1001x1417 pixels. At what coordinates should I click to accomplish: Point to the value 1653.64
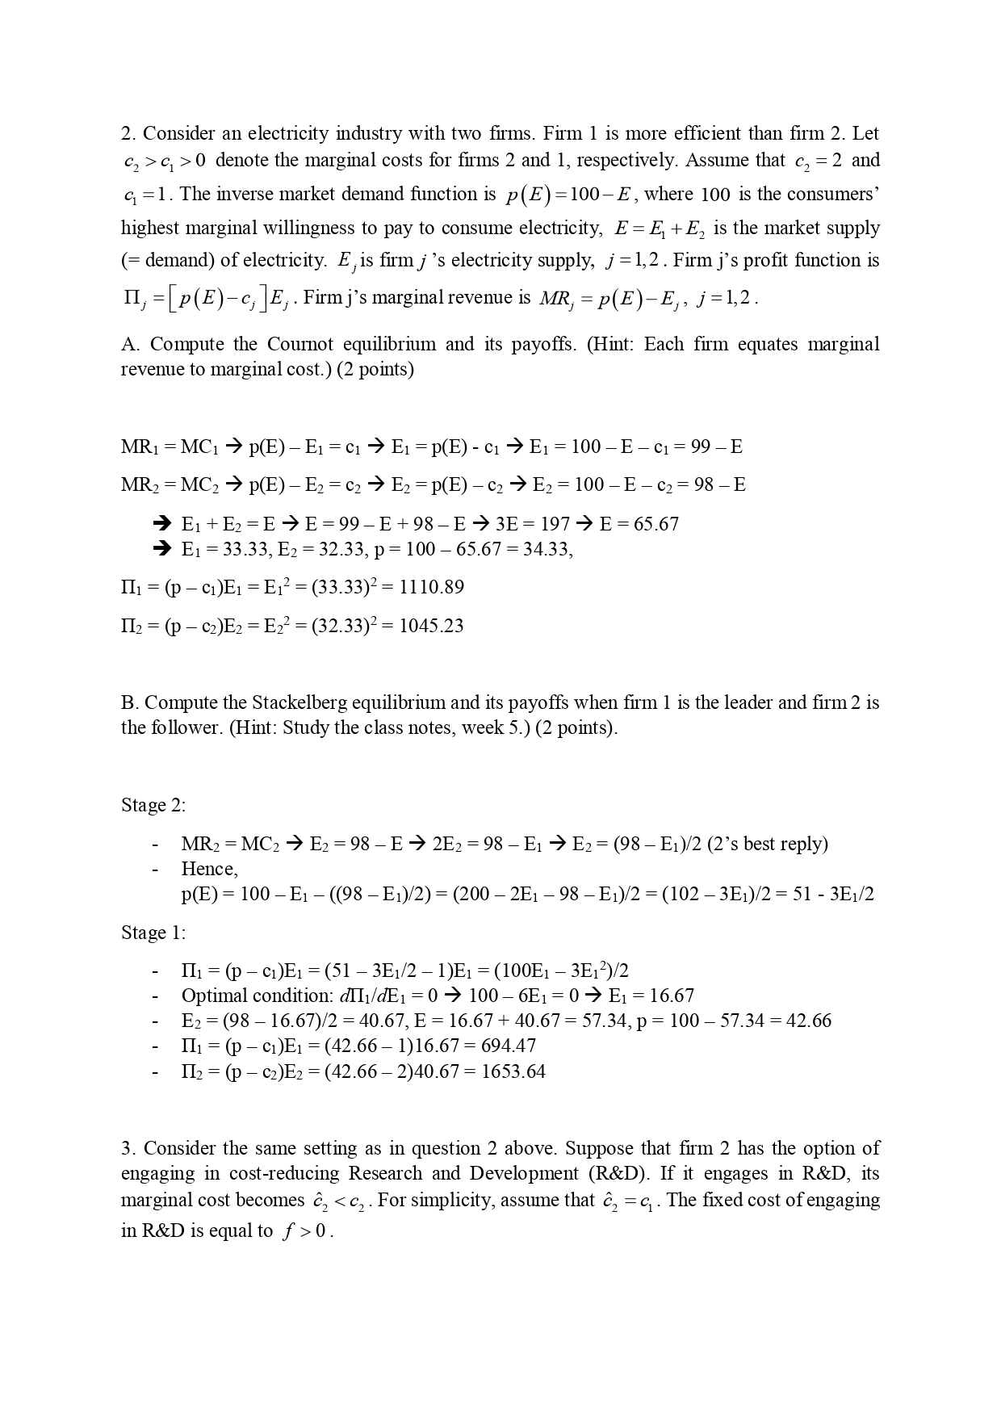click(513, 1071)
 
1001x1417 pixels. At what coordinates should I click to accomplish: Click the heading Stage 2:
click(153, 805)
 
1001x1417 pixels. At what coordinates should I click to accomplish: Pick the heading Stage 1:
click(153, 933)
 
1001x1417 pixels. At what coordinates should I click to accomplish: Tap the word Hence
click(209, 869)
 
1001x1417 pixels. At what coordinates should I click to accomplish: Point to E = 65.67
click(639, 524)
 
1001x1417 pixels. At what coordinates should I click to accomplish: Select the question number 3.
click(128, 1148)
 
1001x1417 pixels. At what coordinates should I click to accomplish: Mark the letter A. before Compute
click(130, 344)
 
